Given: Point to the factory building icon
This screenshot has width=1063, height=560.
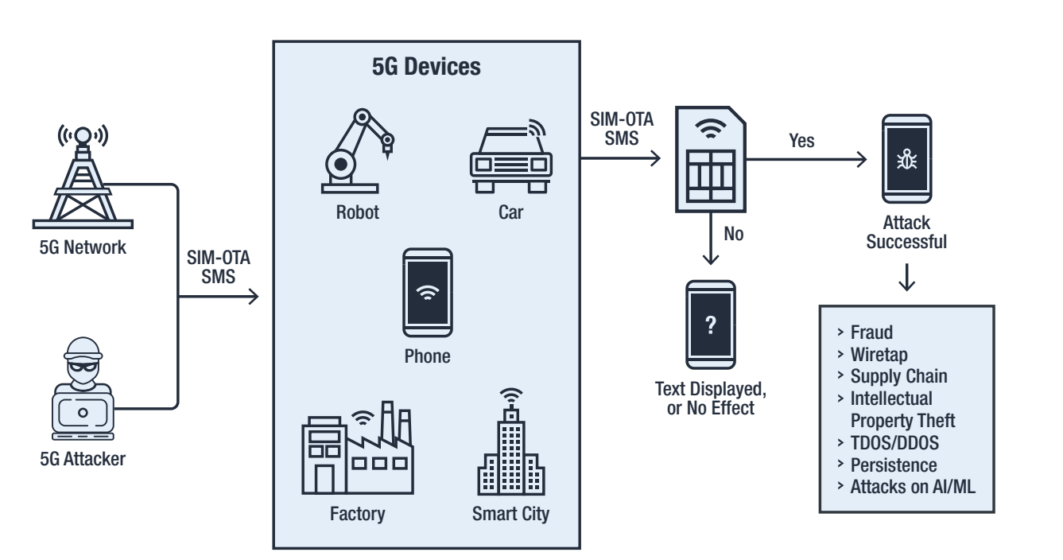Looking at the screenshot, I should [356, 449].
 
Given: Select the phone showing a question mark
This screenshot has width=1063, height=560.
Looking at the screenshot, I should [710, 325].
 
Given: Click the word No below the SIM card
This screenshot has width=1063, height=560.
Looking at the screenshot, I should [735, 236].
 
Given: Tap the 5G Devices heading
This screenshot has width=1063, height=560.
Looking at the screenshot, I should [426, 66].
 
